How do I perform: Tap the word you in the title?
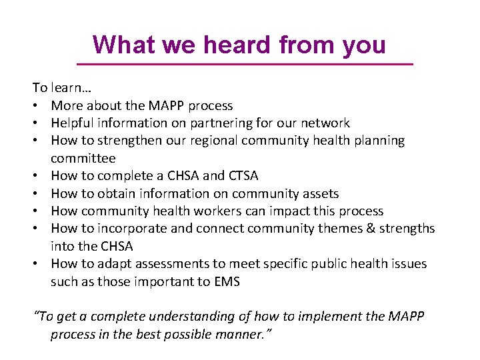(x=364, y=45)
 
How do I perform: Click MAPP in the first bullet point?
(x=163, y=105)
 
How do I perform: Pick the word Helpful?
(x=73, y=123)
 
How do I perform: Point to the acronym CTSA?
(x=243, y=175)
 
